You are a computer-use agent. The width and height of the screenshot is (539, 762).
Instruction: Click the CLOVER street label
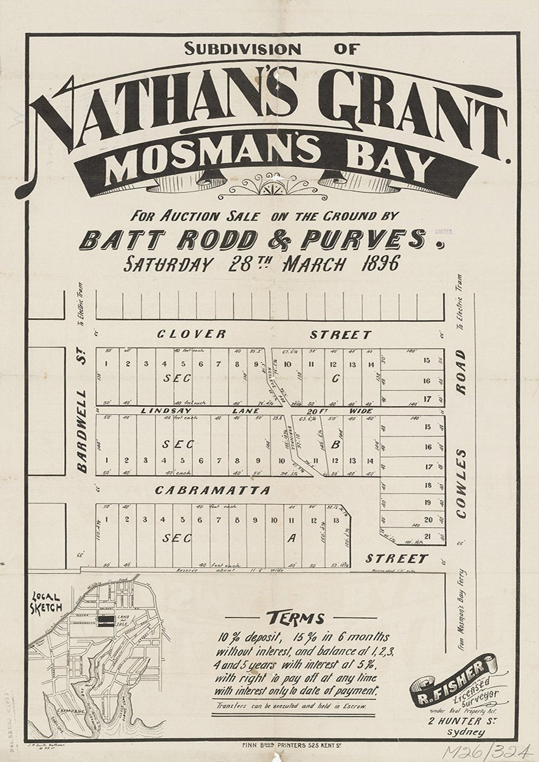pos(192,334)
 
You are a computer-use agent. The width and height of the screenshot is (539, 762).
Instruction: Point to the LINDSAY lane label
pos(166,411)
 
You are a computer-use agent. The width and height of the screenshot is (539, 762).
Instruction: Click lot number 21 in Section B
pos(427,537)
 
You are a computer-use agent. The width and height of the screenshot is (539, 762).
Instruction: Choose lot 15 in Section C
pos(427,361)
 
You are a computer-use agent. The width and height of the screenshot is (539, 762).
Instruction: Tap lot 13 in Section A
pos(335,521)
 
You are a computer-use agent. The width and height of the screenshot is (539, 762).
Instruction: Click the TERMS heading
pos(295,618)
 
